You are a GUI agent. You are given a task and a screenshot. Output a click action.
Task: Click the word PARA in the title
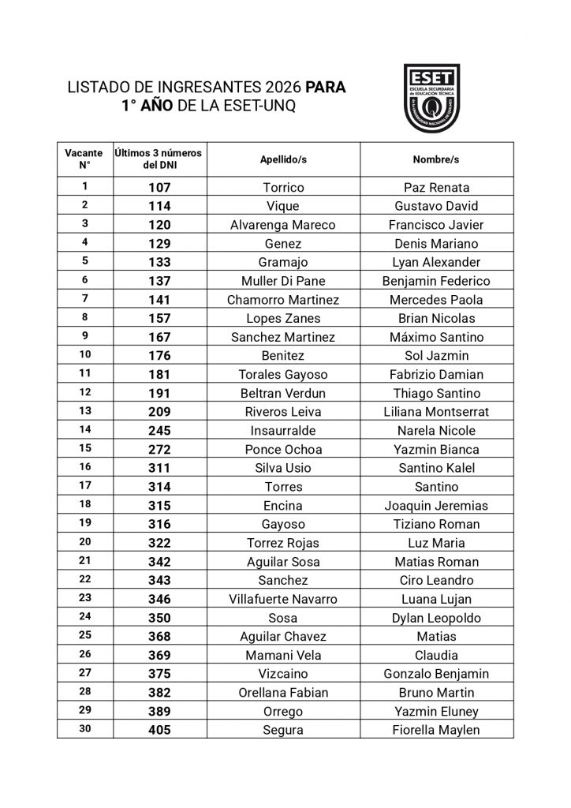(325, 87)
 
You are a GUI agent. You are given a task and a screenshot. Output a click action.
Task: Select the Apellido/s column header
(283, 159)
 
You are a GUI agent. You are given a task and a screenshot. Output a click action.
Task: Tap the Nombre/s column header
(436, 159)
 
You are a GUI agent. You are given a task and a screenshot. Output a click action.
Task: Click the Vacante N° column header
(84, 159)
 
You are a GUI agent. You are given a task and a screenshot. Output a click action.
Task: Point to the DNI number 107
(159, 188)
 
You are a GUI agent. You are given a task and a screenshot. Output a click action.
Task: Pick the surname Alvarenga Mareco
(283, 225)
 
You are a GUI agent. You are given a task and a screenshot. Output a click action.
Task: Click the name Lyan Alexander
(436, 262)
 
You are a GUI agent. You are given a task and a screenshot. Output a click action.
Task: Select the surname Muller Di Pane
(283, 281)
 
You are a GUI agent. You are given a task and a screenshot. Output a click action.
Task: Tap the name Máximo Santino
(436, 337)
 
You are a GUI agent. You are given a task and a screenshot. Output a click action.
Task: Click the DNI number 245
(159, 431)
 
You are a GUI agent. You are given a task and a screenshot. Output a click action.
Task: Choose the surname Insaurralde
(283, 431)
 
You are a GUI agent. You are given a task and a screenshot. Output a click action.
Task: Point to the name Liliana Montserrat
(436, 412)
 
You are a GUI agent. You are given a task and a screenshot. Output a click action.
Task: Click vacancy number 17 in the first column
(84, 486)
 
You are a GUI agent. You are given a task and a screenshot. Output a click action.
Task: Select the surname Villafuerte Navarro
(283, 599)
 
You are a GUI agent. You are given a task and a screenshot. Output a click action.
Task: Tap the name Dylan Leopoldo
(436, 618)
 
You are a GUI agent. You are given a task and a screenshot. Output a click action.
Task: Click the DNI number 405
(159, 730)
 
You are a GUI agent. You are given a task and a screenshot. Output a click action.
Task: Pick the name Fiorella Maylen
(436, 730)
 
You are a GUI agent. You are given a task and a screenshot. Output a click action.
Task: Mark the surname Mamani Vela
(283, 655)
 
